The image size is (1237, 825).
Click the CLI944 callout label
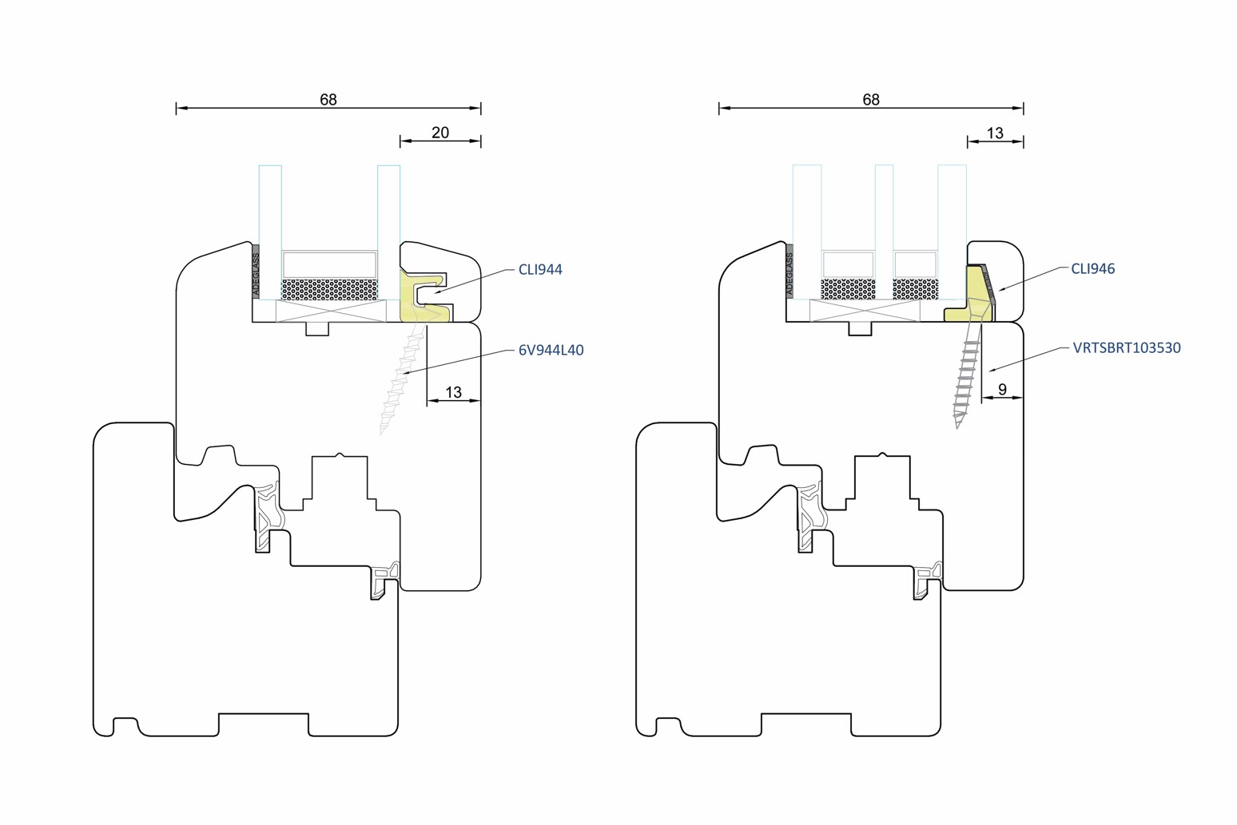tap(540, 270)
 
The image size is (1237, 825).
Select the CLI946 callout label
tap(1092, 269)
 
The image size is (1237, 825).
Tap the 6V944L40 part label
tap(551, 350)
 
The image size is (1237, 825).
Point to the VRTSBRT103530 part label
tap(1126, 348)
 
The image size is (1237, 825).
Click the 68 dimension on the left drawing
tap(328, 100)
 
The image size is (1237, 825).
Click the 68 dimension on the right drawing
tap(870, 100)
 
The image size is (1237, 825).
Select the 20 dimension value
tap(440, 133)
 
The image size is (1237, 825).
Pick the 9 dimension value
tap(1002, 390)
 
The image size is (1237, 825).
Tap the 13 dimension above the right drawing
tap(994, 133)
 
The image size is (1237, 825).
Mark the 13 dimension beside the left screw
tap(453, 393)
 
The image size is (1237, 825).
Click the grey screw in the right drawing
tap(966, 375)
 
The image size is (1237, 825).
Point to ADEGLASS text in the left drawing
tap(256, 275)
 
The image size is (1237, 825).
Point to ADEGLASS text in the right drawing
tap(790, 275)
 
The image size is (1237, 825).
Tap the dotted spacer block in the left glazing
tap(329, 289)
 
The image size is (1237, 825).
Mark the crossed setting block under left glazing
tap(331, 311)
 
